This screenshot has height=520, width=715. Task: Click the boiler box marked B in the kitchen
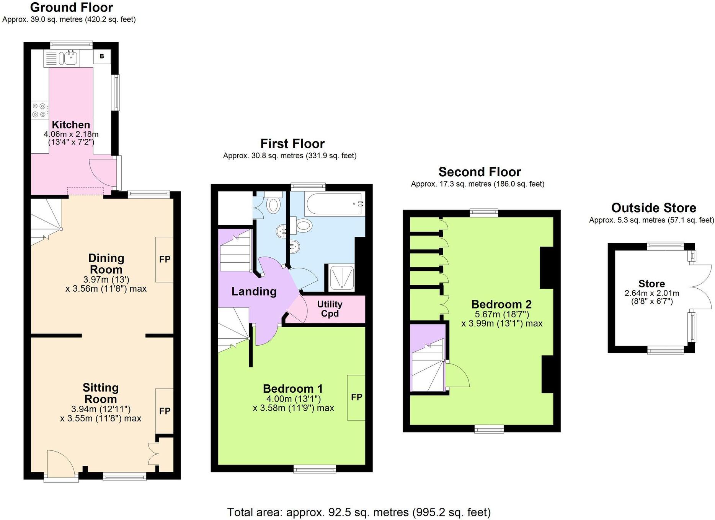(102, 57)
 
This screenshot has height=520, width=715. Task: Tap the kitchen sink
(70, 58)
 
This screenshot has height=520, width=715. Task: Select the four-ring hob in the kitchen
(39, 110)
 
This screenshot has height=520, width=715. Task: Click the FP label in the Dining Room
(165, 259)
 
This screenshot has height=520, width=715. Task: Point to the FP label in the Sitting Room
(165, 411)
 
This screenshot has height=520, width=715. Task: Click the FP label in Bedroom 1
(356, 397)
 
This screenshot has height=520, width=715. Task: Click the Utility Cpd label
(330, 309)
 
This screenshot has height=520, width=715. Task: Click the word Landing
(254, 292)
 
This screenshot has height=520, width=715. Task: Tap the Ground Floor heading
(71, 7)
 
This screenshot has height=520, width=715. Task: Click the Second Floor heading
(480, 172)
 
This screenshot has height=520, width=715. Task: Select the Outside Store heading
(653, 208)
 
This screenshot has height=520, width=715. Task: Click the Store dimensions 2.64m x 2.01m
(652, 293)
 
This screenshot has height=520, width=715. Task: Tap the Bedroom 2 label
(501, 304)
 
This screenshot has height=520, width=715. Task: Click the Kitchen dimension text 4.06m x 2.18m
(71, 134)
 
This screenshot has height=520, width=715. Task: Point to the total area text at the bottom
(359, 512)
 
